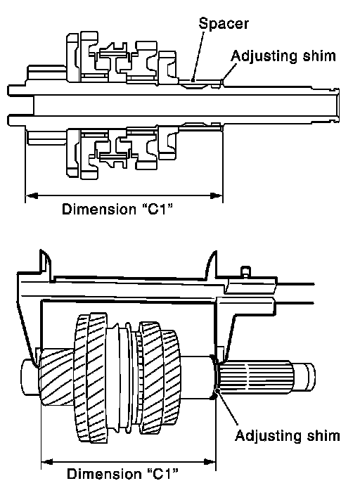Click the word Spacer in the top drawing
(224, 24)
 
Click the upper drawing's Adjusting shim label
(283, 56)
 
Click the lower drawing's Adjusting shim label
(287, 436)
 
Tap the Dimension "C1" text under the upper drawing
(117, 209)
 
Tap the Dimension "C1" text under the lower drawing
(122, 474)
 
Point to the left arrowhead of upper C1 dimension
(31, 195)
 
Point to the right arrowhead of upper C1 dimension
(217, 195)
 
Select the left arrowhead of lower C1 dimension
(47, 461)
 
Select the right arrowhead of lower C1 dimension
(210, 461)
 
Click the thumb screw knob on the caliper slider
(246, 271)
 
